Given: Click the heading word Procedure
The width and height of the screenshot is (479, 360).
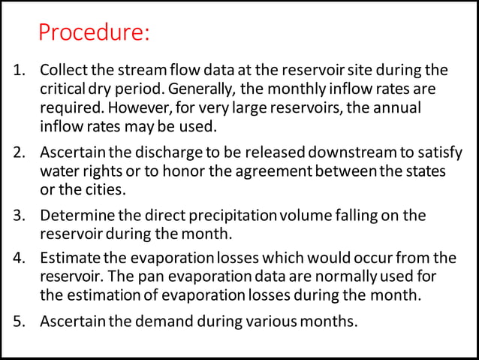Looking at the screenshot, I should click(93, 34).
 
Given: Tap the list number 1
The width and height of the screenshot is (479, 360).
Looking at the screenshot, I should click(20, 71).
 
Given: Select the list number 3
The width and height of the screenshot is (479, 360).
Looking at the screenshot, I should click(20, 216).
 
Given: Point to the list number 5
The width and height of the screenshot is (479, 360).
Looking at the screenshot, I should click(20, 322).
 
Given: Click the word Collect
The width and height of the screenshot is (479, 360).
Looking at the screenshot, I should click(63, 71).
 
